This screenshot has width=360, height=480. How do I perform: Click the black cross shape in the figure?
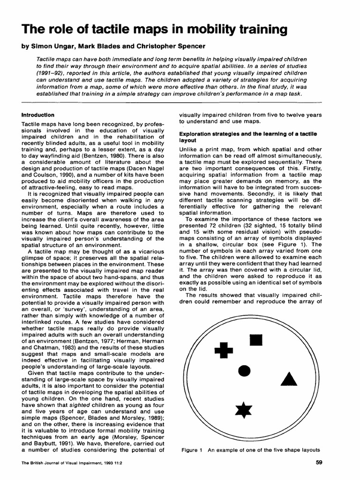point(224,350)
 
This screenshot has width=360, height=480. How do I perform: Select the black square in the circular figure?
point(255,339)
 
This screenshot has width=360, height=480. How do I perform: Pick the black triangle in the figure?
point(289,379)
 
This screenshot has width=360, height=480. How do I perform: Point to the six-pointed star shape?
point(243,410)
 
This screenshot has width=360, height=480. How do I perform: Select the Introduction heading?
point(38,115)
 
